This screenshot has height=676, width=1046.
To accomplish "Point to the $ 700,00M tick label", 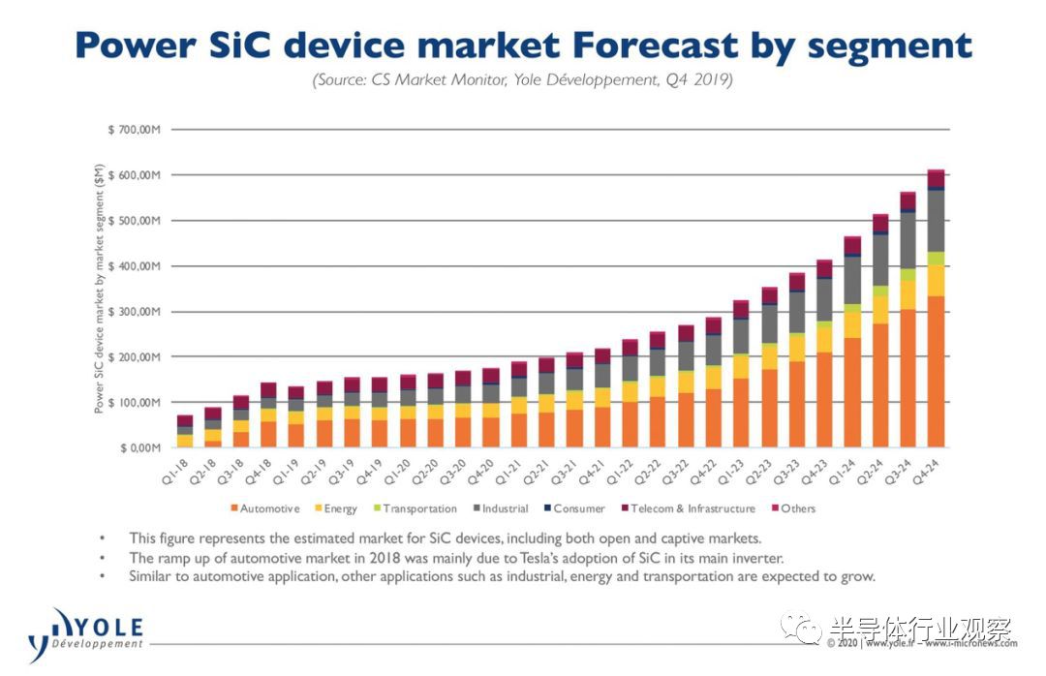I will coord(133,130).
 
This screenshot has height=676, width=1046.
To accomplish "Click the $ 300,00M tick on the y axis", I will coord(133,312).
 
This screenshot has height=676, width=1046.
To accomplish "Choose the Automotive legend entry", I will coord(264,508).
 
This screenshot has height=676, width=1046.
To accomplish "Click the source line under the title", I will coord(523,81).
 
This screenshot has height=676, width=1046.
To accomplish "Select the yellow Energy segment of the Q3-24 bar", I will coord(908,294).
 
